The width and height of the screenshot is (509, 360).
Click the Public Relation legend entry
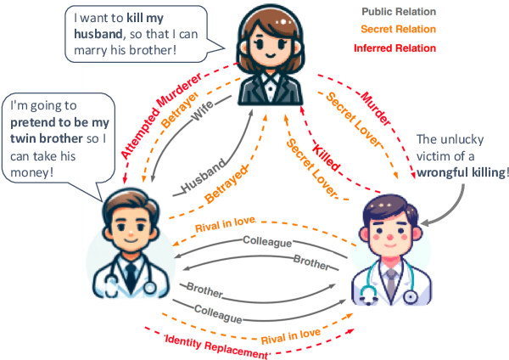(x=399, y=13)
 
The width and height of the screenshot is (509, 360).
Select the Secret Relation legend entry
(x=399, y=30)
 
